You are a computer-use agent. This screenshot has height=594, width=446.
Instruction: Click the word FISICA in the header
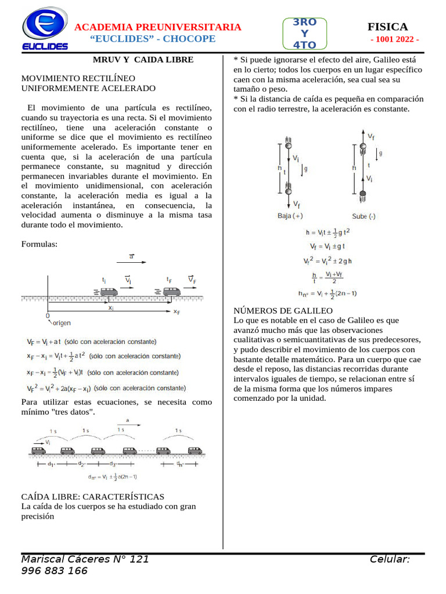coord(387,27)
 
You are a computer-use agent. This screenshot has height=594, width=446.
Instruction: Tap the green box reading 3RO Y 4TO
coord(305,33)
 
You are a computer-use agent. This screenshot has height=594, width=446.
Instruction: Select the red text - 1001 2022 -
coord(394,39)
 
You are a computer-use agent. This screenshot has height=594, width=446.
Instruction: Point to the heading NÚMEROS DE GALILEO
coord(275,311)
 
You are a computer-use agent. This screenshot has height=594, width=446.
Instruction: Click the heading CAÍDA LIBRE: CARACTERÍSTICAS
coord(93,497)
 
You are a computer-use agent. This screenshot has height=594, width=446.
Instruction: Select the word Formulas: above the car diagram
coord(39,244)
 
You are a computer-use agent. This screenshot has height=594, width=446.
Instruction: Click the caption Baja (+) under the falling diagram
coord(290,216)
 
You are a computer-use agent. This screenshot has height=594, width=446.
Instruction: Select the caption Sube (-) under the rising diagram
coord(364,216)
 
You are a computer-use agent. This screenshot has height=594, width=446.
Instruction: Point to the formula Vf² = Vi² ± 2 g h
coord(328,260)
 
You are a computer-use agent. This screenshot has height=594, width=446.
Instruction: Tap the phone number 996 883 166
coord(54,571)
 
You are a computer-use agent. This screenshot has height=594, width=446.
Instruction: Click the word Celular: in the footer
coord(390,559)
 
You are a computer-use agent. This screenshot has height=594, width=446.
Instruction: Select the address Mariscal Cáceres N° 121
coord(85,559)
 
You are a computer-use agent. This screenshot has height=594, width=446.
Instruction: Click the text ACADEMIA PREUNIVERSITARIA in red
coord(159,27)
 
